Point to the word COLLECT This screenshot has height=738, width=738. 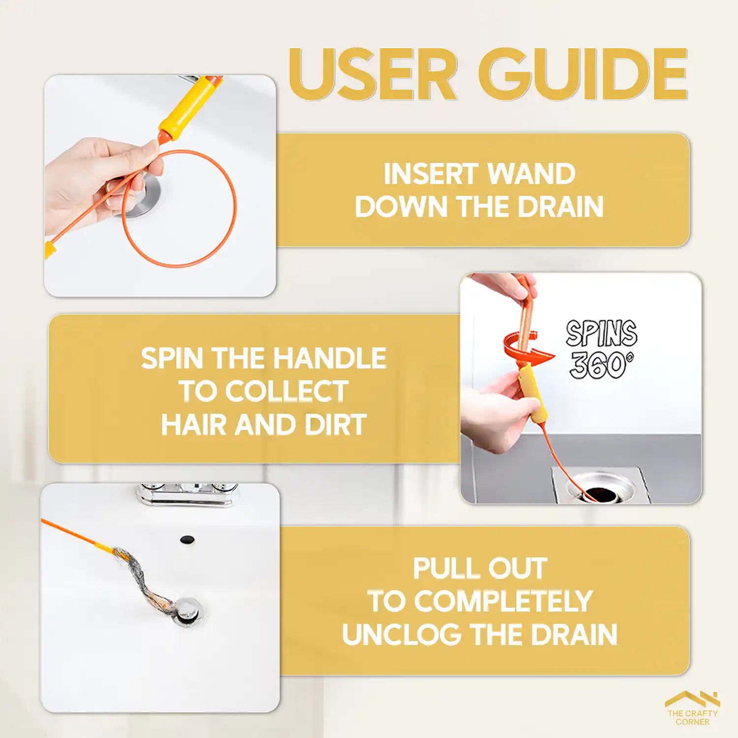(x=286, y=392)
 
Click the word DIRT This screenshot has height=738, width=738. (x=336, y=425)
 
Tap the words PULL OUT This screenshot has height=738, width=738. (x=480, y=568)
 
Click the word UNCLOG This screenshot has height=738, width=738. (x=402, y=634)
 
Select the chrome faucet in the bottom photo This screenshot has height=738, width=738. (x=187, y=494)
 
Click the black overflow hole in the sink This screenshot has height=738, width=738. (x=186, y=539)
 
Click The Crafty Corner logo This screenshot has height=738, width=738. (x=692, y=708)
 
